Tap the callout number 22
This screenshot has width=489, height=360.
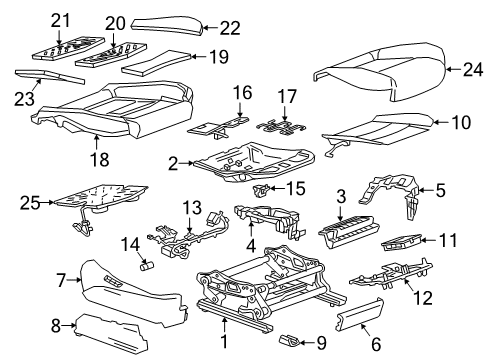(230, 28)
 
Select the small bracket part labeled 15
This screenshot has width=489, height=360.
(263, 188)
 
